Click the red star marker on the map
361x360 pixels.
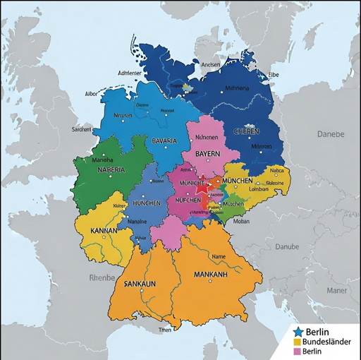pyautogui.click(x=203, y=188)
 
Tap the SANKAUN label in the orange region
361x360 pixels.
pyautogui.click(x=139, y=283)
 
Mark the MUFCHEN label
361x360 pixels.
pyautogui.click(x=188, y=200)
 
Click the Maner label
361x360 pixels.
pyautogui.click(x=336, y=289)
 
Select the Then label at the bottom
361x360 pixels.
pyautogui.click(x=164, y=330)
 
